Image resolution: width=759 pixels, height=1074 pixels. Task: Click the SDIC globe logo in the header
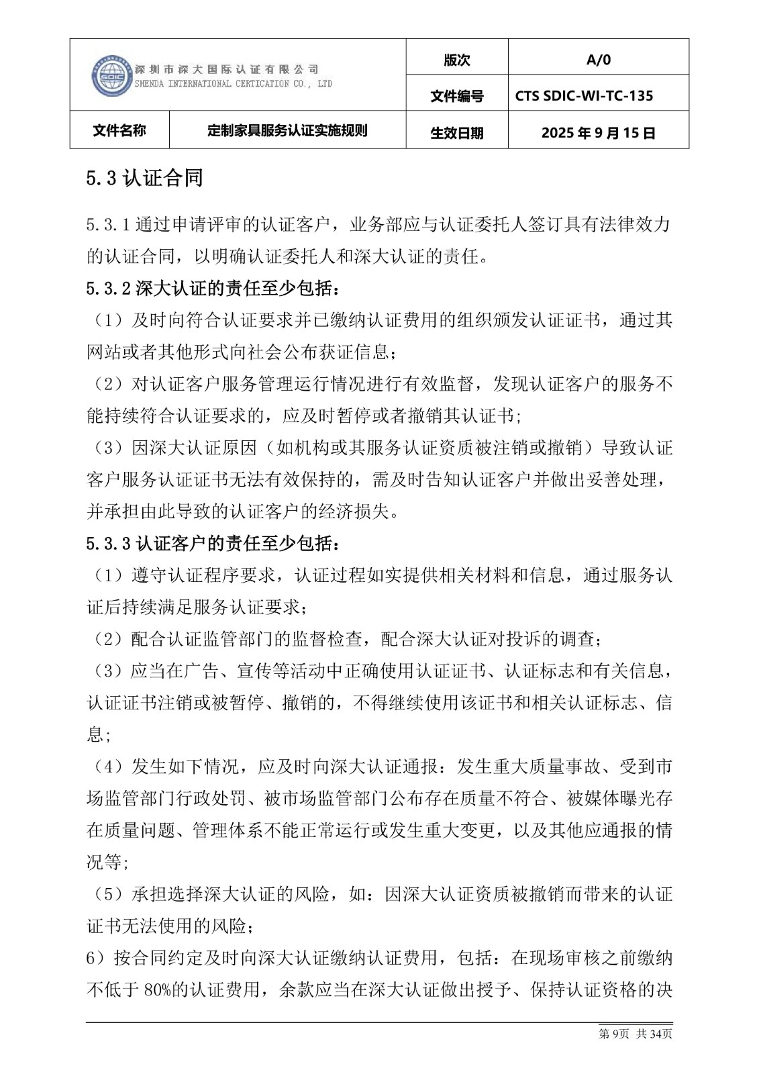tap(111, 75)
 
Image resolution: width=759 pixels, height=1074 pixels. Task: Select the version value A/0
tap(598, 60)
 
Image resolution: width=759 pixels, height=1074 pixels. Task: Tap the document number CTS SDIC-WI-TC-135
tap(584, 96)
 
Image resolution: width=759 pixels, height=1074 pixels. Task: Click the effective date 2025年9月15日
tap(598, 132)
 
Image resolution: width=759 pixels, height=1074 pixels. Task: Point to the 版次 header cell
tap(456, 60)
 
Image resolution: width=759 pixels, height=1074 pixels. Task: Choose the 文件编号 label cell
tap(456, 96)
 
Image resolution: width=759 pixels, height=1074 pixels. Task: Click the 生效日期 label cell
tap(456, 132)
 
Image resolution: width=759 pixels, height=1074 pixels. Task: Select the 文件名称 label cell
tap(119, 130)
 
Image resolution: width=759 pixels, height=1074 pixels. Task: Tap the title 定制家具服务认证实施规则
tap(287, 130)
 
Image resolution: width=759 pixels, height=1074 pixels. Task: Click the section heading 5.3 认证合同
tap(144, 178)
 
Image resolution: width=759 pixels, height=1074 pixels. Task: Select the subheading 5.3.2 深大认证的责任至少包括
tap(213, 289)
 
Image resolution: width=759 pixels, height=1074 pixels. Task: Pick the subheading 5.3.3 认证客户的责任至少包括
tap(213, 543)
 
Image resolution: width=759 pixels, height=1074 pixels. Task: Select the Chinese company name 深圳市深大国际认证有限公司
tap(226, 69)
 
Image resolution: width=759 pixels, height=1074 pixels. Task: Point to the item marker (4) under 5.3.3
tap(107, 767)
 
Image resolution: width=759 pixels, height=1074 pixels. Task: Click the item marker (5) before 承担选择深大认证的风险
tap(107, 894)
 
